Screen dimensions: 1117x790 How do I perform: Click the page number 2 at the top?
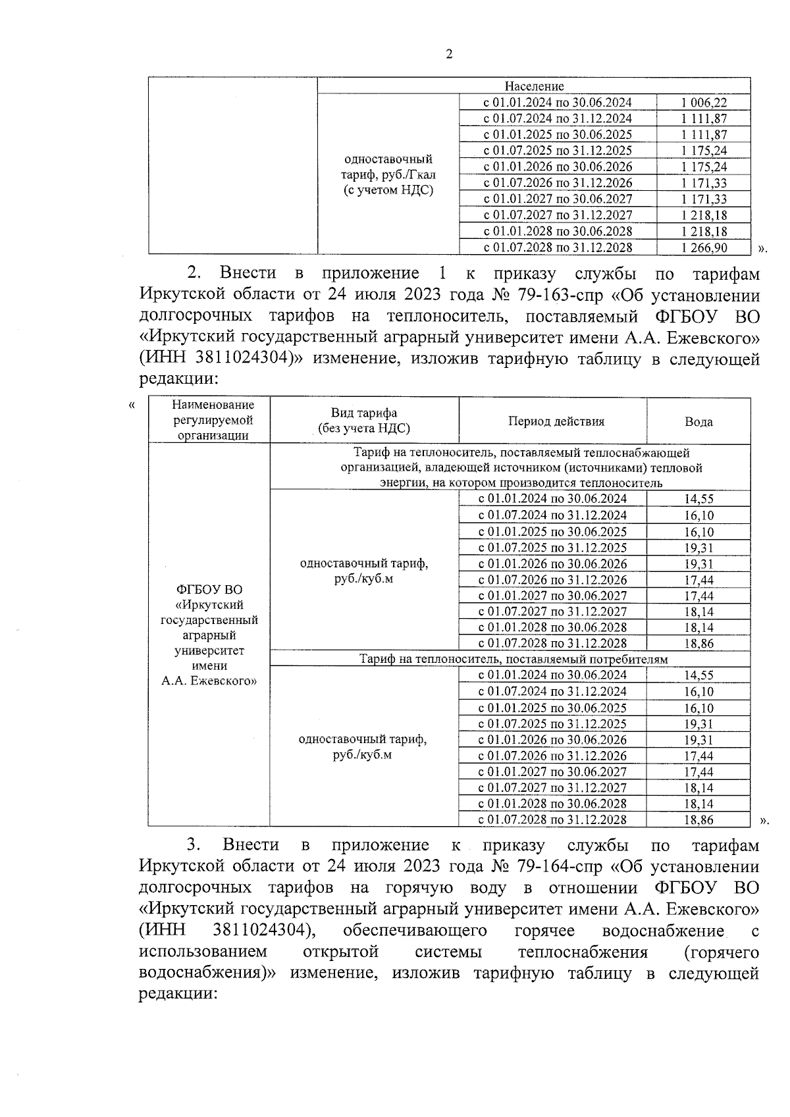point(449,55)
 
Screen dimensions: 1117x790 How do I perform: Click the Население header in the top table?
point(534,86)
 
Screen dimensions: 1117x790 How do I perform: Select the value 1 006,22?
point(704,103)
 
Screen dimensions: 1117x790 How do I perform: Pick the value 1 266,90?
point(704,247)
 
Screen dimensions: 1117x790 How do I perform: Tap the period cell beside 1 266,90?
point(558,247)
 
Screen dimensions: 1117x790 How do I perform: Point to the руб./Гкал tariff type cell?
point(388,174)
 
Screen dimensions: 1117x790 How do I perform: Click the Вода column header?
point(698,422)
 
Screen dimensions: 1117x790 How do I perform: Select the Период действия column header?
point(556,421)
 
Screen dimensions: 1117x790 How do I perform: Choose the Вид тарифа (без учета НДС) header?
point(363,421)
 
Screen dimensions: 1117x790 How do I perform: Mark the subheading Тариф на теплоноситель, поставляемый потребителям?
point(513,659)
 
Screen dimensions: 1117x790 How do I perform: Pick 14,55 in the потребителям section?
point(698,675)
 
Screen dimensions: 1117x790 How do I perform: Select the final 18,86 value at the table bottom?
point(698,820)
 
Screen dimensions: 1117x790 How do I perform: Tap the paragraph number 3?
point(193,845)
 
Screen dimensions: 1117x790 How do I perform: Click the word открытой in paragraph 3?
point(340,952)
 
